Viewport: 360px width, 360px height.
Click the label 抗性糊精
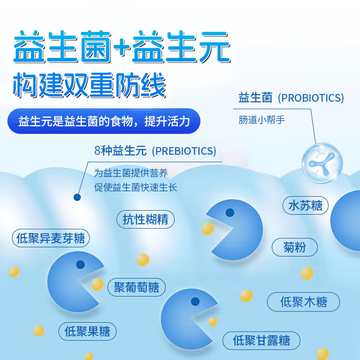tap(145, 219)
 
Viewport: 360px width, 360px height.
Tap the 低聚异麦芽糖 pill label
tap(50, 238)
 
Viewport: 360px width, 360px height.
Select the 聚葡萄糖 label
tap(137, 287)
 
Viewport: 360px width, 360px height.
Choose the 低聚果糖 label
tap(87, 332)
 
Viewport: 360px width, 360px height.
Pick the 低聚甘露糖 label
tap(261, 340)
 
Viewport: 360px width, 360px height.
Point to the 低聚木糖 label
tap(303, 301)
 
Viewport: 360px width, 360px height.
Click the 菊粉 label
tap(295, 247)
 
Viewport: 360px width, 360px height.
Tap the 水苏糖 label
tap(306, 206)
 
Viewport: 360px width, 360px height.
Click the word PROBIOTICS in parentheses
tap(310, 98)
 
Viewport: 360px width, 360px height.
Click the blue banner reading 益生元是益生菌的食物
tap(103, 121)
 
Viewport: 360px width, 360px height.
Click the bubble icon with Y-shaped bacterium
tap(322, 162)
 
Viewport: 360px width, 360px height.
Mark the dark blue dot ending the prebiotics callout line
tap(77, 197)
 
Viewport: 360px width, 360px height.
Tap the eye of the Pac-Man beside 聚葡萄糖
tap(80, 264)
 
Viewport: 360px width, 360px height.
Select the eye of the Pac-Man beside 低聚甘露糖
tap(195, 301)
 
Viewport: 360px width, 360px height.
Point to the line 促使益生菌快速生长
tap(135, 187)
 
